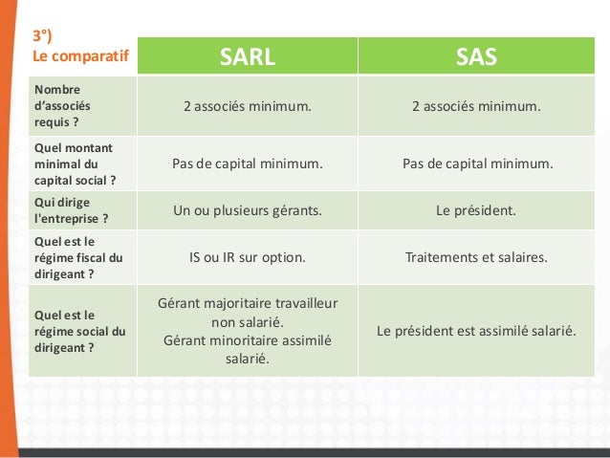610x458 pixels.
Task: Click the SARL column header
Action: pos(247,55)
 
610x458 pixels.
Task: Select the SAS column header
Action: pos(475,55)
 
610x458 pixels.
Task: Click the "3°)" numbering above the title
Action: pos(45,36)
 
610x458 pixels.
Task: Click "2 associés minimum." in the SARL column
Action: pos(247,106)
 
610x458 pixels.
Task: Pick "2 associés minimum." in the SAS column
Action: pos(475,106)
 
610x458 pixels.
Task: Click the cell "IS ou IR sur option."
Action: pos(247,257)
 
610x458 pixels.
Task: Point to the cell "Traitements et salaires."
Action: pos(475,257)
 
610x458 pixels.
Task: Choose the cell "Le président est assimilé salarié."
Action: pos(475,331)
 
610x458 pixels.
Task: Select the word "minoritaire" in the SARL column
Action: pos(247,340)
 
